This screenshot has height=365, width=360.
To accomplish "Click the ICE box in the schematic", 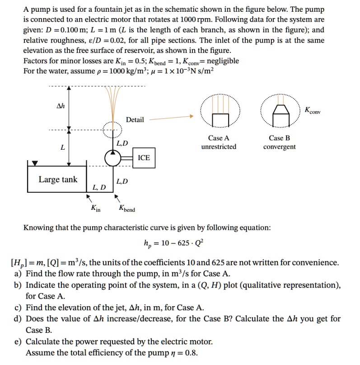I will (144, 158).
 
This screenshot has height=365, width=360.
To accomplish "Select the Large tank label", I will (58, 180).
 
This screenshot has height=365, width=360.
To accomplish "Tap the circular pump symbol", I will (112, 158).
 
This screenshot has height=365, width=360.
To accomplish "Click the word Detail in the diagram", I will (135, 119).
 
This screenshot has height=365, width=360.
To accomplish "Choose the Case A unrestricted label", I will (219, 142).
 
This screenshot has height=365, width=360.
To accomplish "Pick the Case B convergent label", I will (279, 142).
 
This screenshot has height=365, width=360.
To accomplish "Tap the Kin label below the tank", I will (96, 209).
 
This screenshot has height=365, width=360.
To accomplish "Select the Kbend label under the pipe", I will (126, 209).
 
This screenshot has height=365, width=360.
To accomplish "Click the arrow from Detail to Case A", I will (172, 119).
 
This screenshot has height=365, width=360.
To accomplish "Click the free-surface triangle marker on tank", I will (35, 163).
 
